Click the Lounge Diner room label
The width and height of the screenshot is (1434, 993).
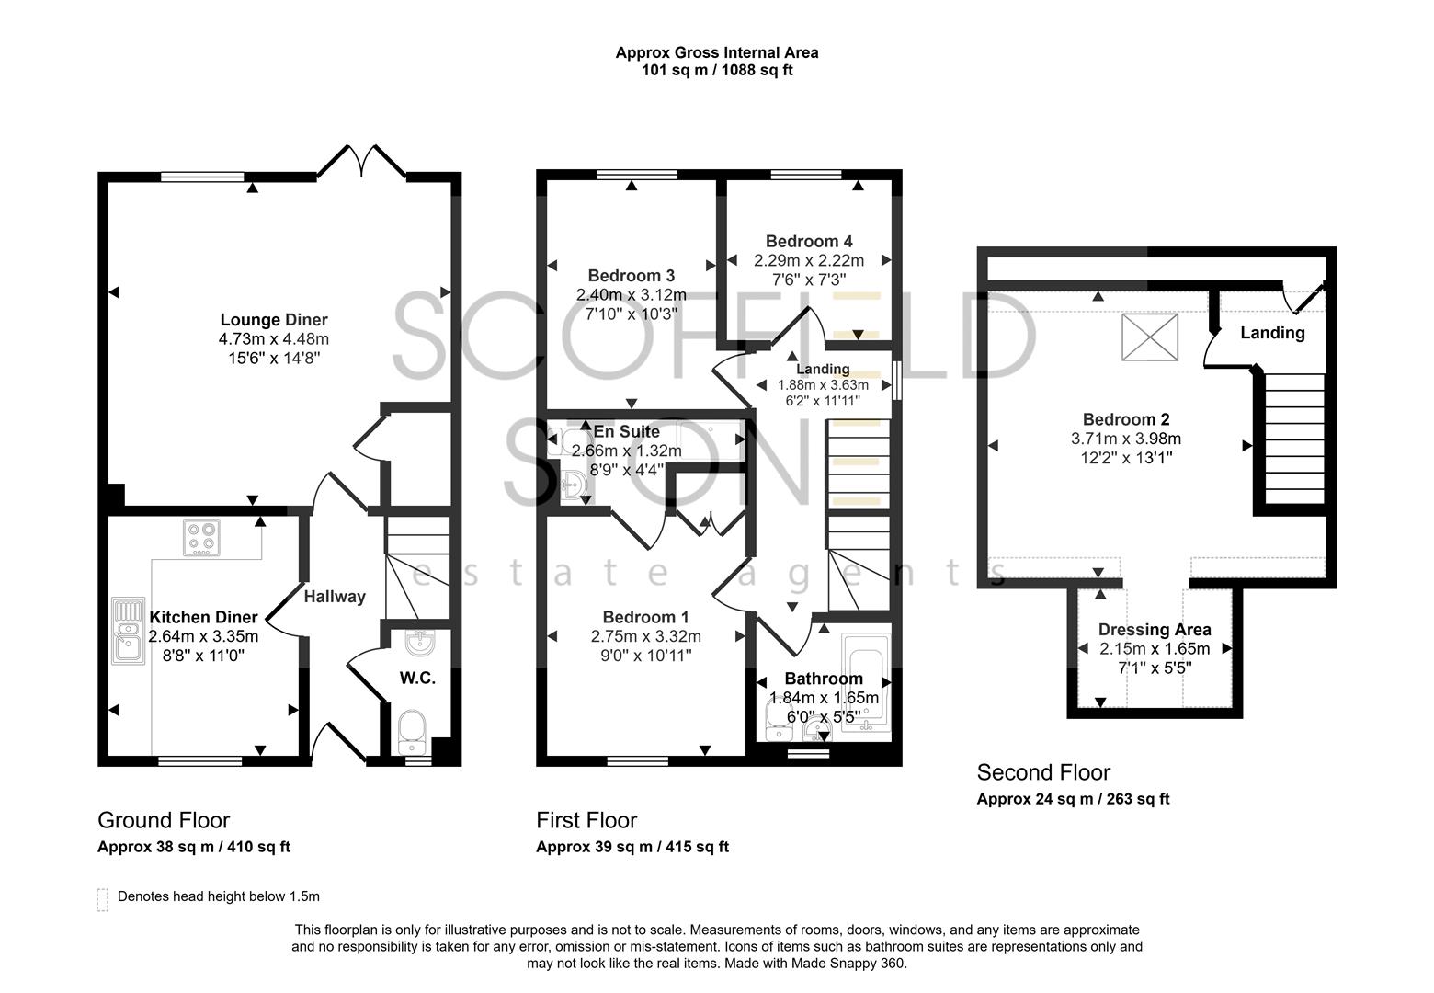pos(273,320)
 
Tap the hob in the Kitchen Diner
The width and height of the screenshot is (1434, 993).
pos(202,539)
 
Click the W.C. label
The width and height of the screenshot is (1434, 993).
pos(417,679)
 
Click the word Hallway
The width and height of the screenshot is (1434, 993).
pos(335,597)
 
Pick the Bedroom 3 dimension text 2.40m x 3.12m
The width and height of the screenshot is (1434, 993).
pos(631,295)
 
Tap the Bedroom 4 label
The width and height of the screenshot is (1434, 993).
pos(802,241)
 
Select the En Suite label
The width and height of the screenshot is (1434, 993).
pos(626,431)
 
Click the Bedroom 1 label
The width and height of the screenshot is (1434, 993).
pos(645,617)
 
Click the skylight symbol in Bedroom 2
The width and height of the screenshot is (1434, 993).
pos(1149,337)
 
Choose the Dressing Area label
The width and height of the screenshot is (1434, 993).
pos(1155,630)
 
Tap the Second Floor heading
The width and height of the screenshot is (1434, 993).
pos(1043,772)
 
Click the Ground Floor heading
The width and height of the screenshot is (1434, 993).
pos(164,820)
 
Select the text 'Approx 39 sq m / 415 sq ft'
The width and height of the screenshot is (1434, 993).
pos(632,847)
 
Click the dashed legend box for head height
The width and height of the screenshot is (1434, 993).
pos(102,898)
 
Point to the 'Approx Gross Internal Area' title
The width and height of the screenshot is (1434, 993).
pos(717,52)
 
